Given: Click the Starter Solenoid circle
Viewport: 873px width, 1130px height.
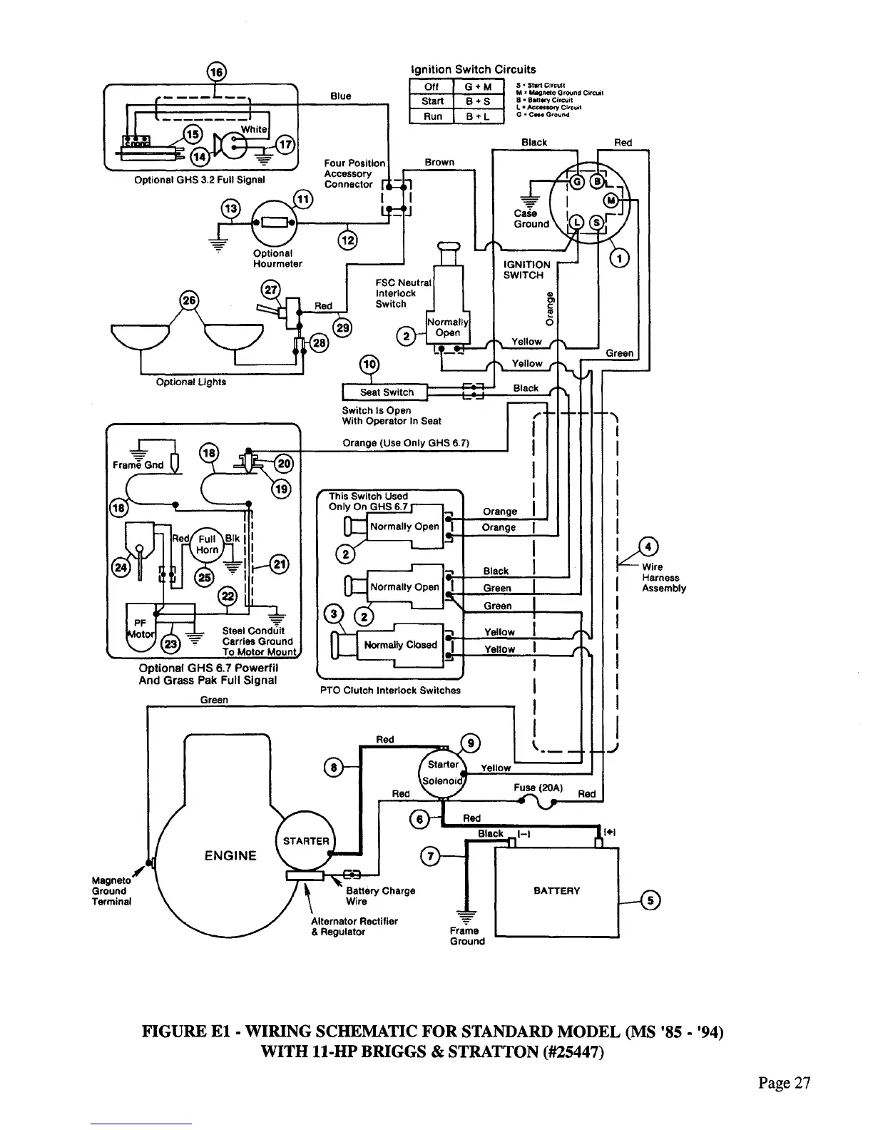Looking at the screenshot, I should coord(442,771).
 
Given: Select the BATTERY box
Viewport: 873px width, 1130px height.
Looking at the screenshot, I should coord(556,890).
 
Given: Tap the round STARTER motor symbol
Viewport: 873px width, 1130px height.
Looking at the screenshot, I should coord(305,841).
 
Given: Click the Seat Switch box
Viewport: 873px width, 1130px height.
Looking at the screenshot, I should coord(385,392).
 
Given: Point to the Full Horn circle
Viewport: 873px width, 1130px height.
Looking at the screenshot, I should coord(208,545).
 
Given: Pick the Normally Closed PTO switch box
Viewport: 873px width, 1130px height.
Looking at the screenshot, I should coord(399,645).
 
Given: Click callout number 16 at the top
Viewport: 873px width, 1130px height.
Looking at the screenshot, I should coord(215,72).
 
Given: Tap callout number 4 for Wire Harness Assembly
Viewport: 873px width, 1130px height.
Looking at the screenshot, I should coord(648,548).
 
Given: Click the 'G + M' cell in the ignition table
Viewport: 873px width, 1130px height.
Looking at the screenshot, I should coord(478,87).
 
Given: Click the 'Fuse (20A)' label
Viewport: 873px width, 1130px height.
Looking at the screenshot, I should coord(538,788).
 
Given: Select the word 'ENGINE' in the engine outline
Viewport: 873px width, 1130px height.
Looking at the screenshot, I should coord(230,855).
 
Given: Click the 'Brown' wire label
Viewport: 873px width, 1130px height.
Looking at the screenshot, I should coord(439,162).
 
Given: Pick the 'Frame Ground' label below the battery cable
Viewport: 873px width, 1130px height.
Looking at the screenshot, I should coord(467,935).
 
